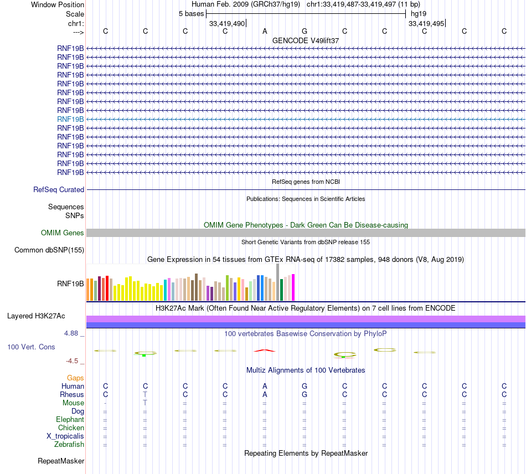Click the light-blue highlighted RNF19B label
coord(70,119)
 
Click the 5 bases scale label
coord(191,13)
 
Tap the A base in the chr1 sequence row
coord(265,31)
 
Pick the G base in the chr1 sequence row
coord(305,31)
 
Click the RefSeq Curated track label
coord(59,189)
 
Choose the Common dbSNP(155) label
coord(49,250)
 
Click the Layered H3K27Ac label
coord(36,316)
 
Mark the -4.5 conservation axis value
coord(73,360)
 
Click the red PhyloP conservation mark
coord(264,350)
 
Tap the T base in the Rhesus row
coord(145,394)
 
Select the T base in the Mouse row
coord(145,403)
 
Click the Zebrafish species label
coord(69,444)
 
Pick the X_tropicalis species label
coord(65,436)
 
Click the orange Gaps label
coord(75,377)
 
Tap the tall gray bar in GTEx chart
coord(277,282)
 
